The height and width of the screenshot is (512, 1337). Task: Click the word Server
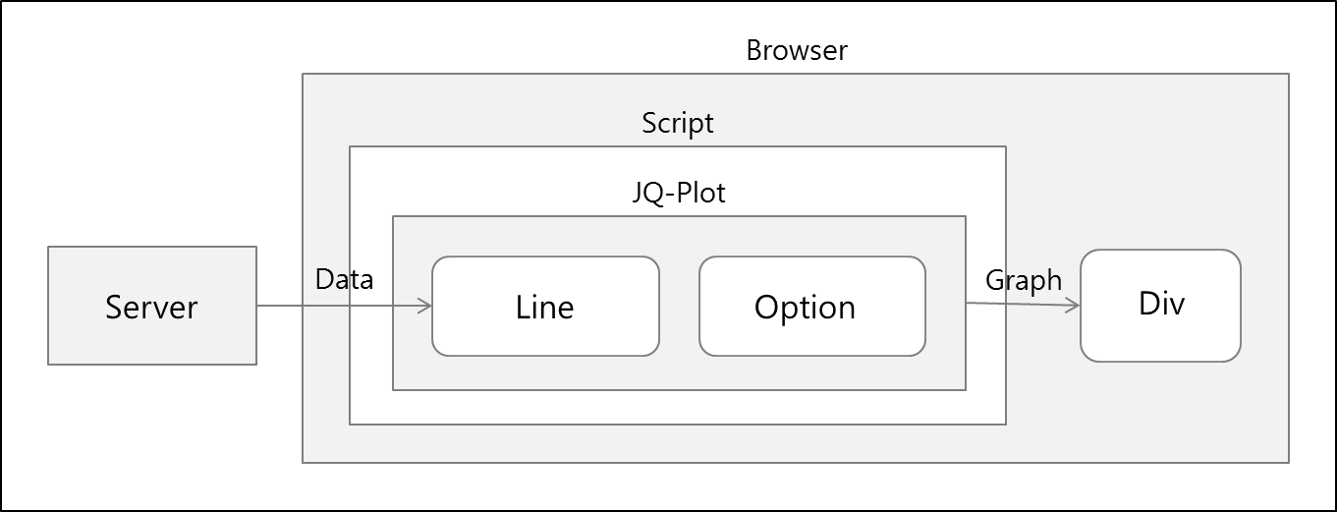pos(151,307)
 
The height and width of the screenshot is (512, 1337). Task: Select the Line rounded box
pos(545,307)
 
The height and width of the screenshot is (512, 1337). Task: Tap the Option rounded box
pos(812,307)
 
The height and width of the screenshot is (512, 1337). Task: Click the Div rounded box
pos(1160,306)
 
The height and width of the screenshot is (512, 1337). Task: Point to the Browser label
pos(797,50)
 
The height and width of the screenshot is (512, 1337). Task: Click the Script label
pos(678,123)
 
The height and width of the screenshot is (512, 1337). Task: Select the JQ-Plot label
pos(679,193)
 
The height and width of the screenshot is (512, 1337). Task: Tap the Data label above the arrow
pos(345,279)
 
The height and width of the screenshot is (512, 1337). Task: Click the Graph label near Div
pos(1024,281)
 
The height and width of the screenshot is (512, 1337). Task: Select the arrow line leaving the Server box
pos(345,306)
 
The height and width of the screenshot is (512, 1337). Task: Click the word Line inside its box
pos(544,307)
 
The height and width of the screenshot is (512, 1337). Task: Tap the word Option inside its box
pos(805,309)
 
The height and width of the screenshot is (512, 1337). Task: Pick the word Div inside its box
pos(1161,303)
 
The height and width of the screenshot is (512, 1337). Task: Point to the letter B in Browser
pos(753,50)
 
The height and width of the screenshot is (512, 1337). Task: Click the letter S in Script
pos(648,123)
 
